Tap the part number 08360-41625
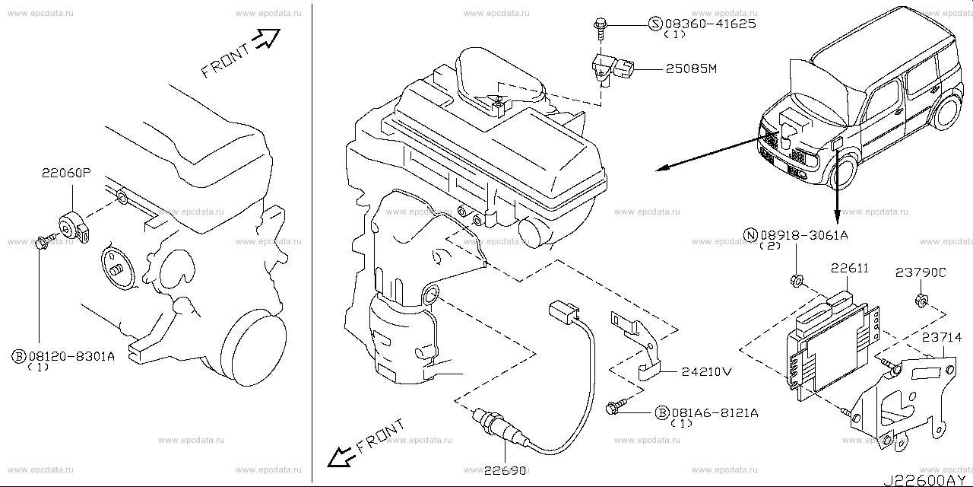711,24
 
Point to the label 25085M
692,70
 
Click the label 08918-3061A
803,236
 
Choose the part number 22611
850,269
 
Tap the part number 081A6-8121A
714,412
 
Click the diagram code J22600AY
927,480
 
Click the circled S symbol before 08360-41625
655,24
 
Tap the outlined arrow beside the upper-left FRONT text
267,40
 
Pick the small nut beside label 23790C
918,299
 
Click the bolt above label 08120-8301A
43,243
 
